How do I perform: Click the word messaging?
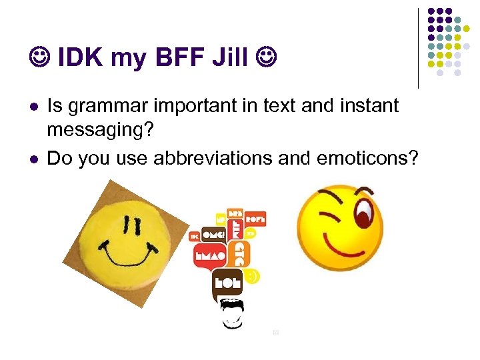(x=100, y=131)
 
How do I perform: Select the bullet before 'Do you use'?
(x=34, y=159)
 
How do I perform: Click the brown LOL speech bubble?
(x=227, y=282)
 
